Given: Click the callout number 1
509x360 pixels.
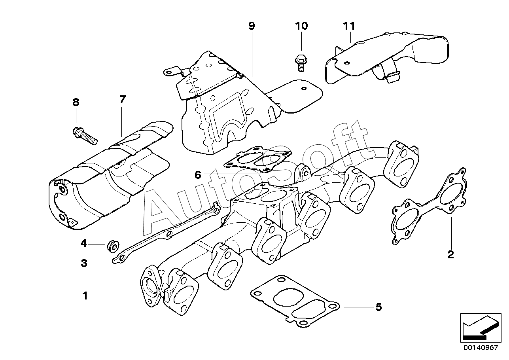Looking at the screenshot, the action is tap(85, 296).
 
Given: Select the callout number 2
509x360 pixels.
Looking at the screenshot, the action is tap(450, 254).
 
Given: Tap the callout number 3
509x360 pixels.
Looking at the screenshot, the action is tap(84, 263).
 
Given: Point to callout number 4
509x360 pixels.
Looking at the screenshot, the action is tap(83, 243).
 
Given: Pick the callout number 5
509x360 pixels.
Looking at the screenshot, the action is tap(378, 307).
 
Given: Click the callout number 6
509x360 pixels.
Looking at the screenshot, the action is tap(198, 175).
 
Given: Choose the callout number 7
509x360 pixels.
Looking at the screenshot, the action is tap(123, 100).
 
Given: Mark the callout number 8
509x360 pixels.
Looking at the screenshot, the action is tap(76, 102).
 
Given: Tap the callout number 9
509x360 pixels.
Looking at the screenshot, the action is tap(252, 26).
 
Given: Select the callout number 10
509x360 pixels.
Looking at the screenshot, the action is tap(301, 26).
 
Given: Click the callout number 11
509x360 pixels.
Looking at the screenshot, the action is tap(349, 26).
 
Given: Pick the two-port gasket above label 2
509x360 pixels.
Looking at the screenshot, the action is tap(429, 206).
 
